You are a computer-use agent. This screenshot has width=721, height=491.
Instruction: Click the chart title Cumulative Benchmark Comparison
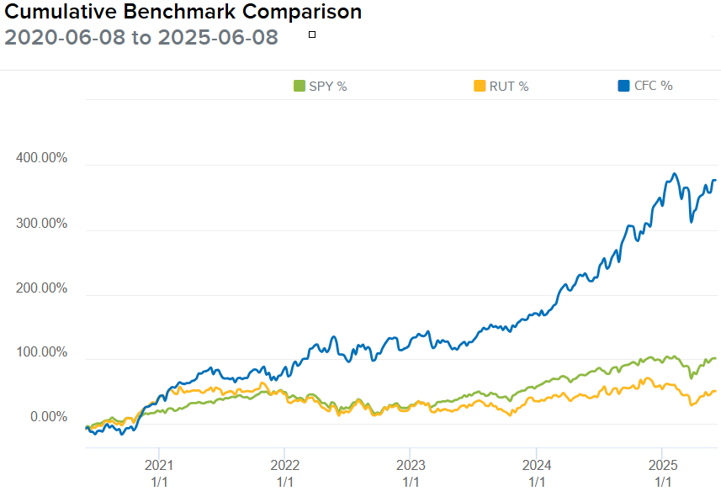point(183,12)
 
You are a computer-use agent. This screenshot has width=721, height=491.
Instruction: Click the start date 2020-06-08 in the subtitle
point(65,37)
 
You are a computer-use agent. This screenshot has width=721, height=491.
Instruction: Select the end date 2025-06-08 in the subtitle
point(218,37)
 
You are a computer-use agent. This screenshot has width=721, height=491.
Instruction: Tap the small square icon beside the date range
point(312,34)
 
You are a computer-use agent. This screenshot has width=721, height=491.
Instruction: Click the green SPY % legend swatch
point(300,86)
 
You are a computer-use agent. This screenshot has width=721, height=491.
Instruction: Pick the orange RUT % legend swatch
point(480,86)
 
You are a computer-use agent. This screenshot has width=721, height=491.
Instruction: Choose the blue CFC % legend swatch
point(623,86)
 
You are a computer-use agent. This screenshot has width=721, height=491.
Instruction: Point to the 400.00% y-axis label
point(41,158)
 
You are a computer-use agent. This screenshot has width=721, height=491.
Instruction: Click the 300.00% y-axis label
point(41,224)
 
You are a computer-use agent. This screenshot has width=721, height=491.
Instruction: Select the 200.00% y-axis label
point(41,288)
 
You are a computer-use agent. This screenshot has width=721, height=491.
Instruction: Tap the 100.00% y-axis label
point(41,352)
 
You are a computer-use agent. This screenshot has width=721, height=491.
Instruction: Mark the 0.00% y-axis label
point(49,417)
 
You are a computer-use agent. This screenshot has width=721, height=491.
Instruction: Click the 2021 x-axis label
point(159,465)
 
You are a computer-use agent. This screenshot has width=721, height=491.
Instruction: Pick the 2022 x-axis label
point(285,465)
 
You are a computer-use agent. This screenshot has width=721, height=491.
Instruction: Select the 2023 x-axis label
point(411,465)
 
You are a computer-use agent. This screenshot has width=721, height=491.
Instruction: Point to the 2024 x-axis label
point(537,465)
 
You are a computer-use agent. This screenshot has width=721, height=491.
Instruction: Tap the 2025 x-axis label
point(663,465)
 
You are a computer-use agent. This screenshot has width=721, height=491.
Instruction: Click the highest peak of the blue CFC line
point(674,174)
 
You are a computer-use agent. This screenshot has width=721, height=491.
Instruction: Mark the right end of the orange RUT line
point(715,391)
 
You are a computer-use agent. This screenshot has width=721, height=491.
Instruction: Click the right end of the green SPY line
point(715,358)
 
